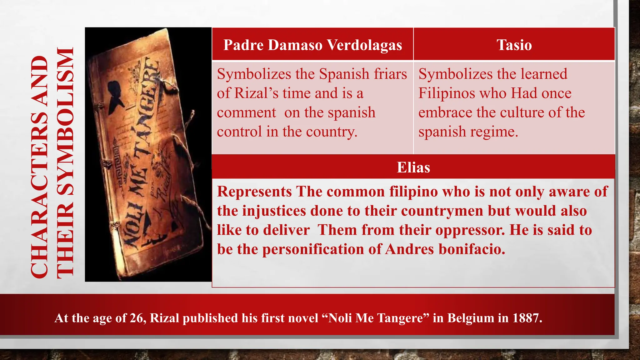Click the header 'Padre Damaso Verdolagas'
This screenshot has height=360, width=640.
click(x=312, y=45)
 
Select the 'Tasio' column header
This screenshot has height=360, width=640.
click(x=514, y=45)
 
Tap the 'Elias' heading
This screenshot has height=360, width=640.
click(x=413, y=167)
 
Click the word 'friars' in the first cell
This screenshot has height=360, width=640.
click(x=391, y=74)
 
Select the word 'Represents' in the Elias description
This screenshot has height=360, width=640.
click(x=254, y=192)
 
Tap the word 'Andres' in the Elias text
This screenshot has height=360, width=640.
click(x=409, y=249)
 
